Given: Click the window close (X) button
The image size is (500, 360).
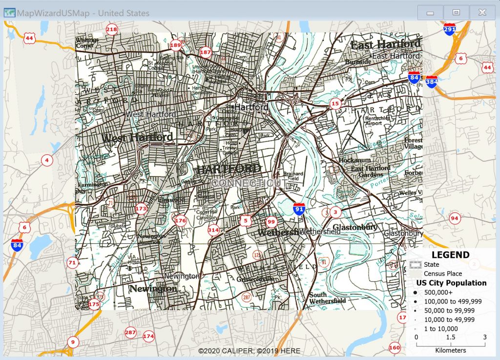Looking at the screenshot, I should (482, 13).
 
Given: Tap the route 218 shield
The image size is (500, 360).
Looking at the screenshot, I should (112, 29).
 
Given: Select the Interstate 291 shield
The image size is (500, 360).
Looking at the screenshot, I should (450, 29).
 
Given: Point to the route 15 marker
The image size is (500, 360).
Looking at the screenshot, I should (335, 103).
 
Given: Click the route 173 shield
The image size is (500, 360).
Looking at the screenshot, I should (141, 209).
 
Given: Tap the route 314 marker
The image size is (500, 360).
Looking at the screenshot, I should (213, 230).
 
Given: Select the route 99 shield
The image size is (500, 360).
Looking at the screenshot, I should (271, 222).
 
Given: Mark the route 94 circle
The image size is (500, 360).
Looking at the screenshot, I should (455, 218).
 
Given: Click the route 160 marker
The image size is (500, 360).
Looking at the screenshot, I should (395, 348).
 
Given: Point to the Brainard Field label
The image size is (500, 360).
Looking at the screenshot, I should (293, 176).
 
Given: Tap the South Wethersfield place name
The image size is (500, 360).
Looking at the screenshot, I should (327, 297).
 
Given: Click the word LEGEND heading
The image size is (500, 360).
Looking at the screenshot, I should (450, 254).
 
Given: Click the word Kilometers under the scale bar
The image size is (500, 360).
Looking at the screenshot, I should (450, 350).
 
